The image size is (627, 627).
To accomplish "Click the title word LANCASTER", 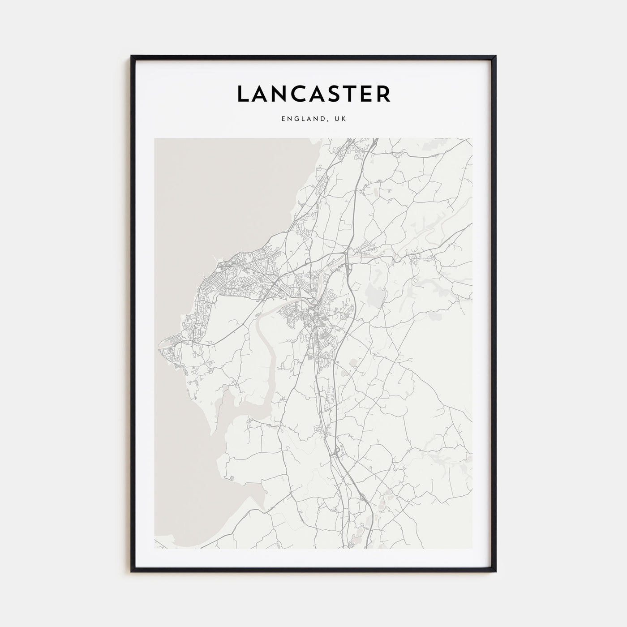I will tap(313, 94).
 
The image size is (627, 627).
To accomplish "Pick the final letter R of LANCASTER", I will tap(384, 94).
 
